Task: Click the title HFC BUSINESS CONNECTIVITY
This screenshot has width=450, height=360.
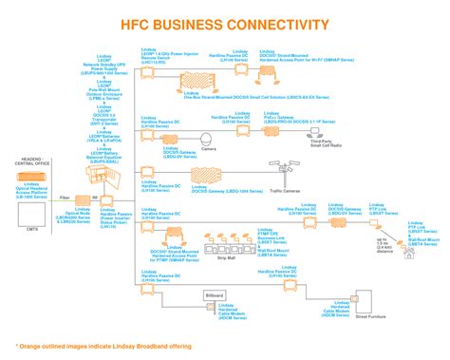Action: pyautogui.click(x=224, y=24)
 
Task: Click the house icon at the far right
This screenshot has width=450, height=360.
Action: pyautogui.click(x=409, y=254)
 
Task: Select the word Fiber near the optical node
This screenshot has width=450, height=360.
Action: pyautogui.click(x=66, y=197)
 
